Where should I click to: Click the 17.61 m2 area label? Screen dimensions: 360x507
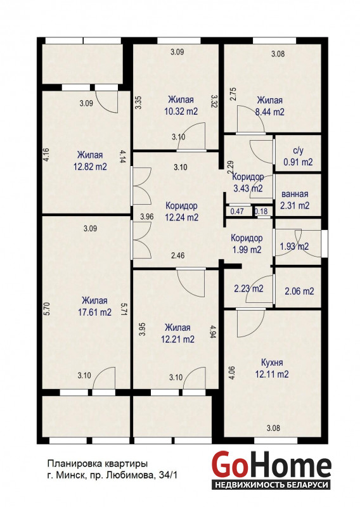click(x=95, y=312)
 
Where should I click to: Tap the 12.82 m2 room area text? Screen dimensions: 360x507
click(x=90, y=167)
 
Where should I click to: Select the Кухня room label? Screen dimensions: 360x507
click(x=272, y=363)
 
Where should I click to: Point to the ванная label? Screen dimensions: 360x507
click(x=295, y=194)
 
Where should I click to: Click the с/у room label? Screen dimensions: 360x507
click(x=298, y=151)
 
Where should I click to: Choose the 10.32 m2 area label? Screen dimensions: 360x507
click(x=181, y=112)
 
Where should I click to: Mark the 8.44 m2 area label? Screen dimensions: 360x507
click(x=270, y=112)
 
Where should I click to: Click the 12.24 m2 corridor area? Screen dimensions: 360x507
click(x=181, y=217)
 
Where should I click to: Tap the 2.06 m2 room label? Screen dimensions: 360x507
click(x=299, y=292)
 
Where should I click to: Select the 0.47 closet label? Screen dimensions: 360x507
click(x=237, y=212)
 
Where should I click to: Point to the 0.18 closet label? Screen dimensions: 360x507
click(x=261, y=212)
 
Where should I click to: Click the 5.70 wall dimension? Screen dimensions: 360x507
click(x=47, y=309)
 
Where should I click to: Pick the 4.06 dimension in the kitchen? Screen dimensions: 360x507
click(x=231, y=373)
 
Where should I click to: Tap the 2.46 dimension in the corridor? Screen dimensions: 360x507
click(x=178, y=255)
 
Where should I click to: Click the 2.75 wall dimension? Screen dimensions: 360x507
click(x=233, y=94)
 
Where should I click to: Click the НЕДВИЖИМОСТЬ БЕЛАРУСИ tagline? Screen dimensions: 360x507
click(x=271, y=485)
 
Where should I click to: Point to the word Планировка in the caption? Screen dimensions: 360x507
click(x=75, y=464)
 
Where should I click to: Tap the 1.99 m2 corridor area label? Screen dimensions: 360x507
click(x=247, y=250)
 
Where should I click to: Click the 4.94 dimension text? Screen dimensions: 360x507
click(x=213, y=331)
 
